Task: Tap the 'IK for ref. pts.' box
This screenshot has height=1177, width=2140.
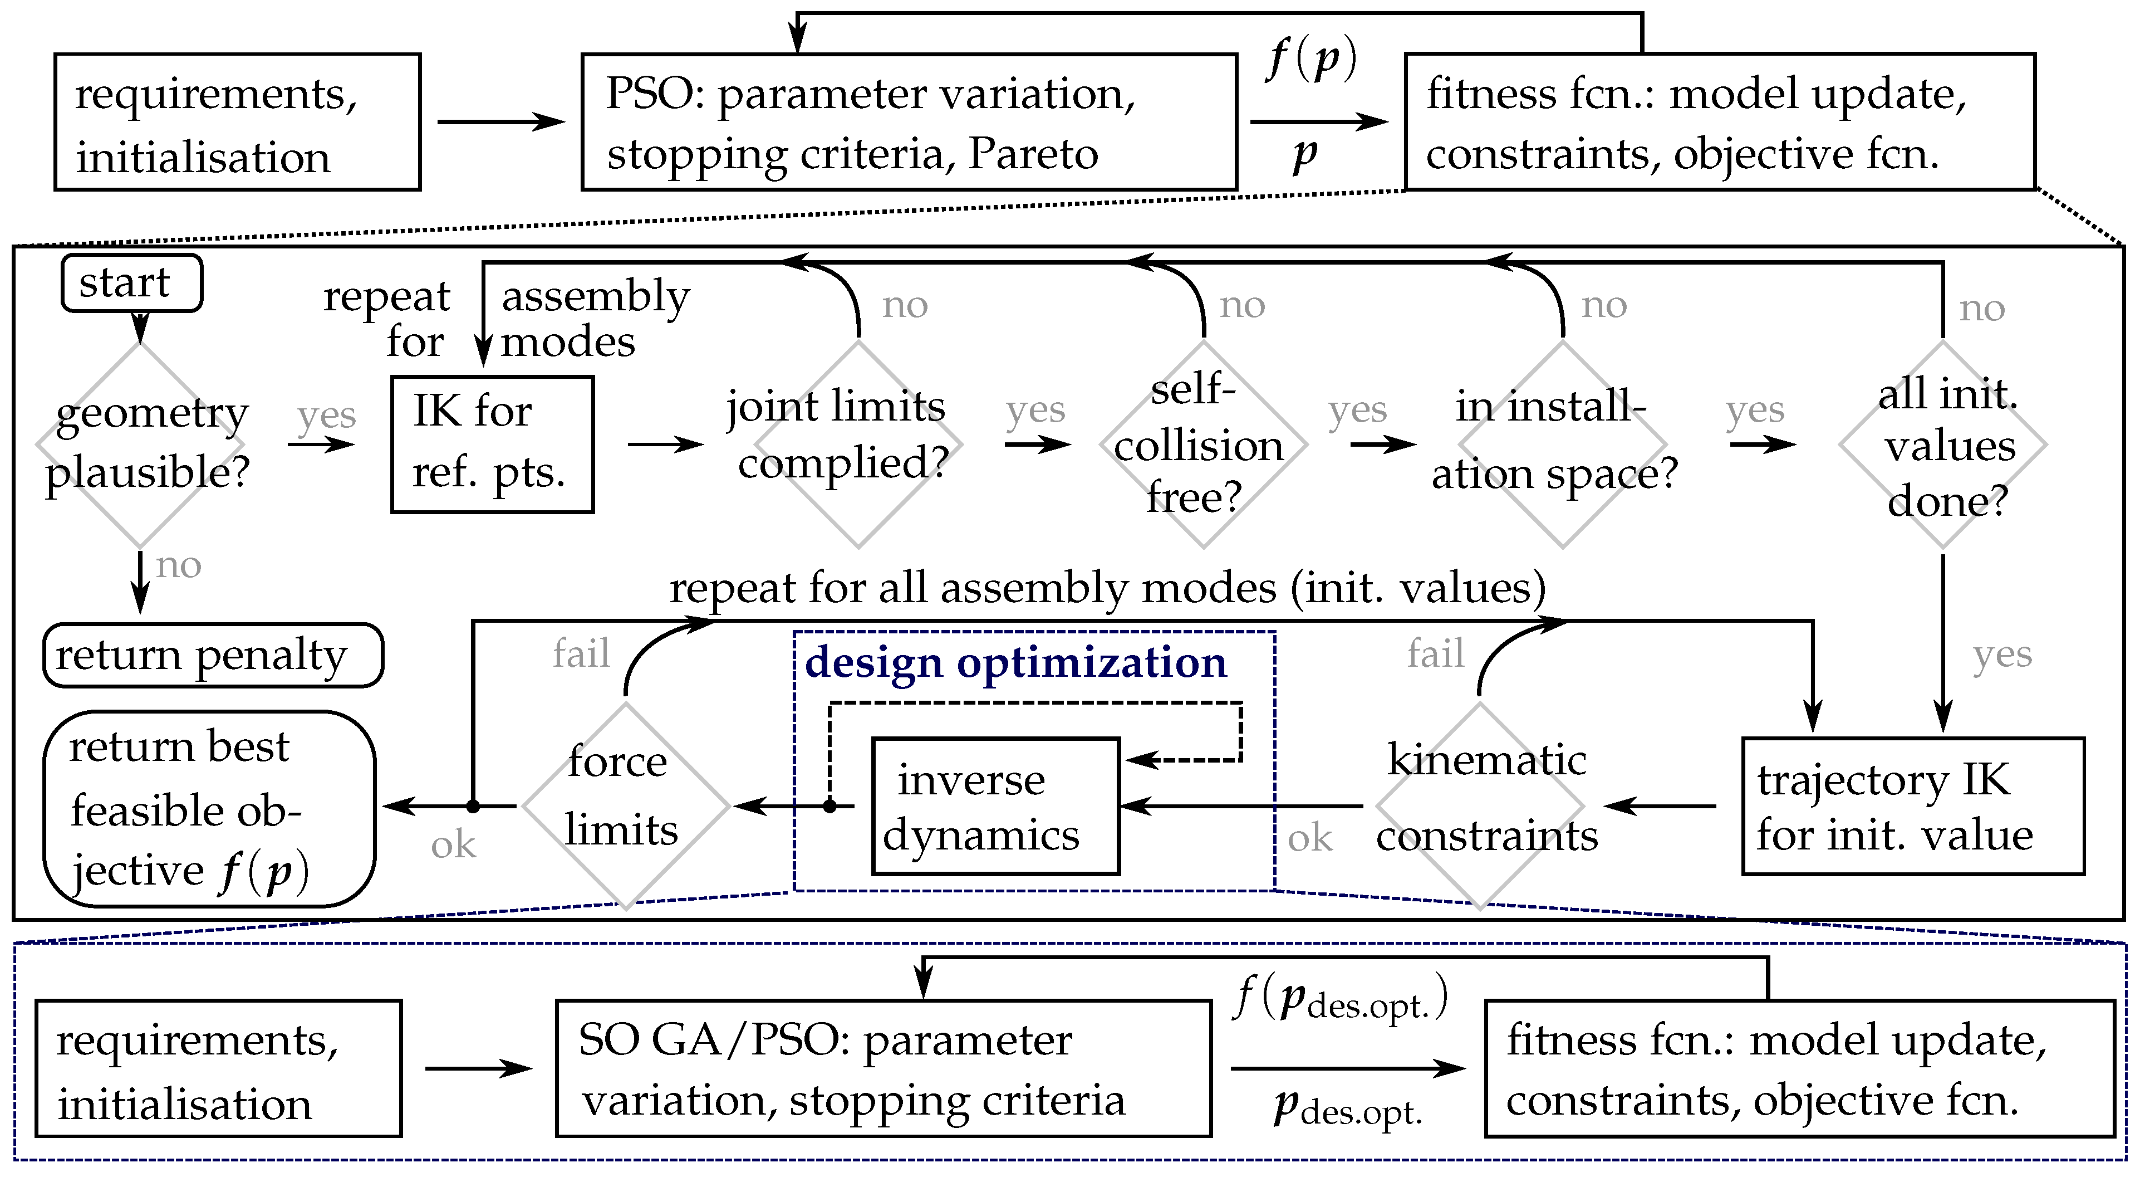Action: tap(493, 445)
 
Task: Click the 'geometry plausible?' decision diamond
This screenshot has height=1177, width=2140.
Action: tap(140, 445)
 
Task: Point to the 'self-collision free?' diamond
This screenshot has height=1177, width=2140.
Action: tap(1204, 445)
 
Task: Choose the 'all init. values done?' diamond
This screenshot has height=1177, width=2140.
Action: tap(1943, 445)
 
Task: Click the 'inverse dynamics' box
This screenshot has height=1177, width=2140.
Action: tap(996, 806)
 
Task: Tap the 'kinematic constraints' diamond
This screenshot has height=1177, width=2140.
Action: tap(1480, 806)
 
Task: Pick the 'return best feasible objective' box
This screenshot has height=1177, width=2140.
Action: tap(209, 809)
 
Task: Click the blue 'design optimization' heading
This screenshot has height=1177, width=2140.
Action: tap(1016, 662)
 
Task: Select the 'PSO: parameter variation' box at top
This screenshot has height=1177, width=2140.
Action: tap(910, 122)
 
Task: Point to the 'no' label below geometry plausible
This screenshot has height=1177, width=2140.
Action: tap(179, 566)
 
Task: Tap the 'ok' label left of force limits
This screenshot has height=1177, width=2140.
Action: tap(454, 846)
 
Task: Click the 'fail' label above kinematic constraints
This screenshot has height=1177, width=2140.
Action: tap(1436, 653)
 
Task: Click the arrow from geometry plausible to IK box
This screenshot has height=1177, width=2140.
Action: tap(321, 445)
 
